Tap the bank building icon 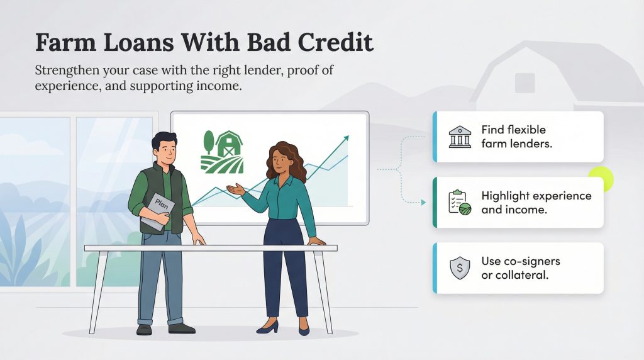click(460, 137)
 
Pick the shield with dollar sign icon click(460, 268)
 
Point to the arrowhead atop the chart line click(345, 137)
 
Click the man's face click(163, 151)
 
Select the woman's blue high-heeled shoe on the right click(304, 327)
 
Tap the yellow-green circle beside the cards click(600, 180)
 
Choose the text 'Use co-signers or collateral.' click(520, 267)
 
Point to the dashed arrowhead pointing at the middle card click(424, 203)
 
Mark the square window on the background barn click(525, 82)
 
